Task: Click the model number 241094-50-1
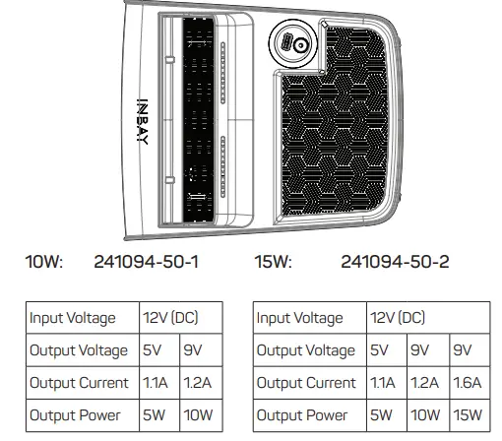(x=147, y=263)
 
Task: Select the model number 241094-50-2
(x=394, y=263)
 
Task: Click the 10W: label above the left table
(x=44, y=263)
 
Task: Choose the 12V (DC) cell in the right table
(x=398, y=318)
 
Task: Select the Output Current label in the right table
(x=306, y=383)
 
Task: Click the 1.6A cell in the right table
(x=469, y=383)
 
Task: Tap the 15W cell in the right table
(x=468, y=415)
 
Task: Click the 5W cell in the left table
(x=155, y=415)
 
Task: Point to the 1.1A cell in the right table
(x=384, y=383)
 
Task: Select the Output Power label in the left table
(x=76, y=415)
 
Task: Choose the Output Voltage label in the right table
(x=305, y=350)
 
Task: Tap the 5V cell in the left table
(x=154, y=350)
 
